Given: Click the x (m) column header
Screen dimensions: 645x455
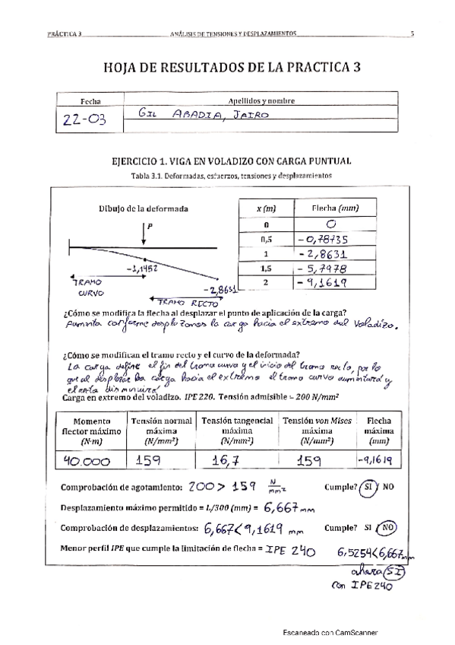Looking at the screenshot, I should pos(266,208).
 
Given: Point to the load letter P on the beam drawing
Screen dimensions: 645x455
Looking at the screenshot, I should pos(150,225).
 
